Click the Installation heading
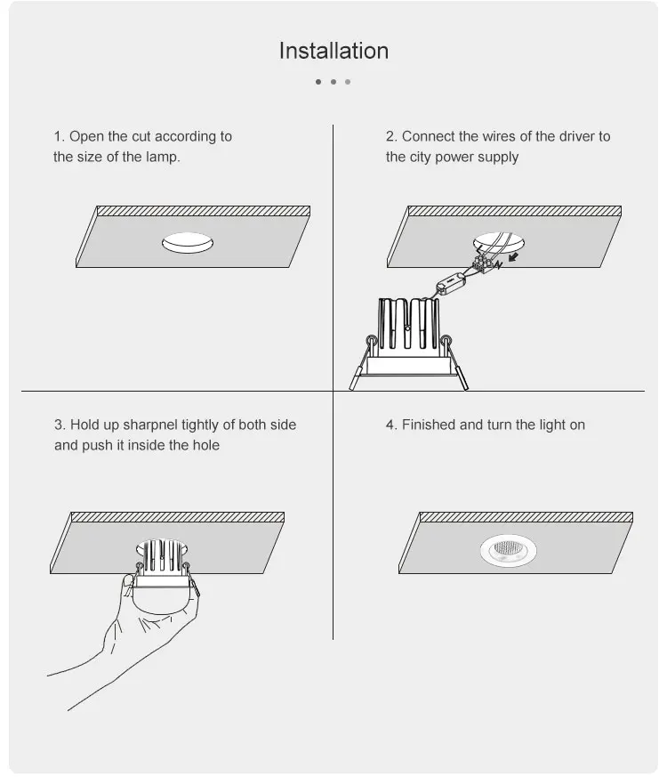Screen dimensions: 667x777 [x=333, y=51]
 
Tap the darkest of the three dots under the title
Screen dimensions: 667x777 [x=318, y=82]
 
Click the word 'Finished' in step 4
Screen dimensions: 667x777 [x=428, y=425]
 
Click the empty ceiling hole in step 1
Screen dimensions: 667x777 [x=189, y=242]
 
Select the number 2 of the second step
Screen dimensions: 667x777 [x=390, y=136]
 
